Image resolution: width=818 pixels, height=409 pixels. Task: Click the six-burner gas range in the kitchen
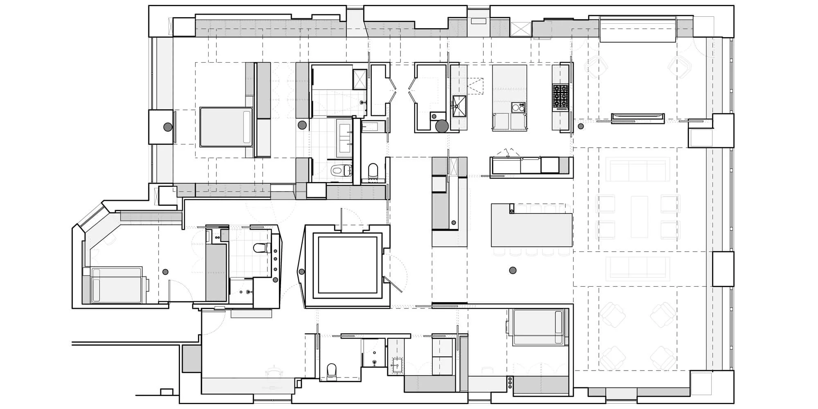tap(560, 97)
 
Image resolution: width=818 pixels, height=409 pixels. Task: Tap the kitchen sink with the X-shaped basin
tap(459, 106)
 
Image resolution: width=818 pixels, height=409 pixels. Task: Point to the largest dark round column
tap(442, 126)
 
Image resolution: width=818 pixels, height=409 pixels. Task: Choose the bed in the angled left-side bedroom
tap(117, 285)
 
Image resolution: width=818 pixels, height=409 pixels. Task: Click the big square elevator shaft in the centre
tap(347, 265)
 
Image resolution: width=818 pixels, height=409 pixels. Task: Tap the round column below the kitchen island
tap(512, 270)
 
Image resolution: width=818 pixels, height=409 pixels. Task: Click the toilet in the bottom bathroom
tap(332, 371)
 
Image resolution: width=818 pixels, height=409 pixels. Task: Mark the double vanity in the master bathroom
tap(344, 138)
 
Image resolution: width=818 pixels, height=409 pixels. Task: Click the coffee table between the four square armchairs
tap(639, 217)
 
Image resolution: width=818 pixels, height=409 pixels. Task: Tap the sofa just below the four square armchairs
tap(638, 268)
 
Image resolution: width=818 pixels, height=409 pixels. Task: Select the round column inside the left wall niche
tap(167, 127)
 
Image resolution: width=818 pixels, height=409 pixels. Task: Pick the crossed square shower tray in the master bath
tap(360, 79)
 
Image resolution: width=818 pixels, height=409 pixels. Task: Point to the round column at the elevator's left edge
tap(302, 272)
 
